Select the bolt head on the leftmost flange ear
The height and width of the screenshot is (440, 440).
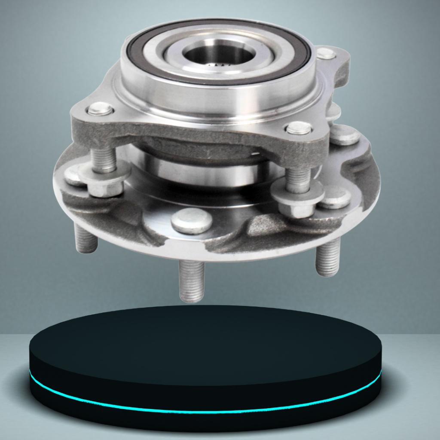pos(101,109)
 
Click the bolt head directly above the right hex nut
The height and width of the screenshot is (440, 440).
pos(299,128)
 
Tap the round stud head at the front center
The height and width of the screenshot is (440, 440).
pos(192,221)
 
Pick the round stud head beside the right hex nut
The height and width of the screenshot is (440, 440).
pos(335,198)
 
